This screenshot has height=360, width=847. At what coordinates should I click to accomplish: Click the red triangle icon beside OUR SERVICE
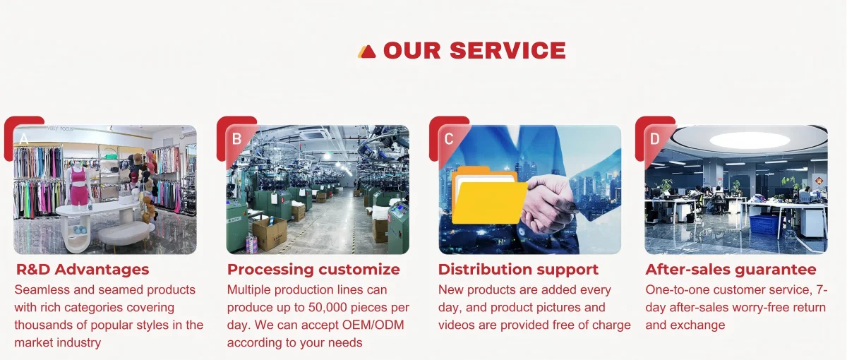tap(367, 52)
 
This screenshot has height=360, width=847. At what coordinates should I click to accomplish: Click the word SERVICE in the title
tap(507, 50)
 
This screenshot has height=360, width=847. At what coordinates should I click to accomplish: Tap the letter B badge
tap(236, 139)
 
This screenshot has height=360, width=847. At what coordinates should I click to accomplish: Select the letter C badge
tap(449, 139)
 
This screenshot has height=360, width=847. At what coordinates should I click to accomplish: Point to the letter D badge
tap(655, 139)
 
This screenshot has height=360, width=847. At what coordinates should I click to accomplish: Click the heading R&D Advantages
tap(83, 269)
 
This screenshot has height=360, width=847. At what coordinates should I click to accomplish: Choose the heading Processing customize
tap(313, 269)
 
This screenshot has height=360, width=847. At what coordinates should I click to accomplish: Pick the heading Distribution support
tap(518, 269)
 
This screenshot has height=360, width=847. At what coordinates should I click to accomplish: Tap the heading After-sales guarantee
tap(731, 269)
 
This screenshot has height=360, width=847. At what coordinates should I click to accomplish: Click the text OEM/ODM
tap(373, 325)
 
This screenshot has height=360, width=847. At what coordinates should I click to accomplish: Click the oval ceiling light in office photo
tap(750, 140)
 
